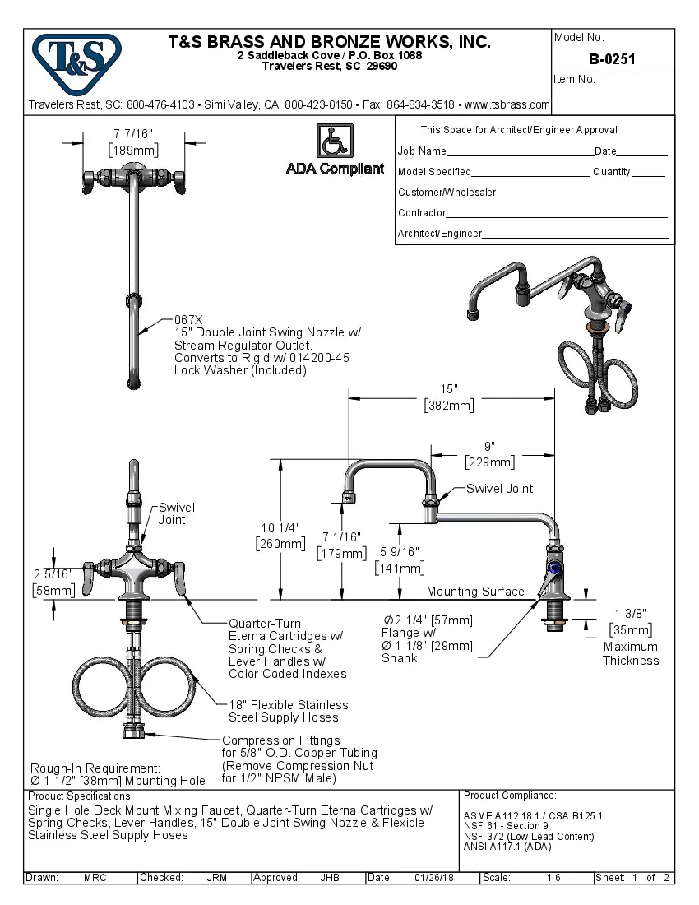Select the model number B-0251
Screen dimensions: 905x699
612,59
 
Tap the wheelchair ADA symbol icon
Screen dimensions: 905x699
335,141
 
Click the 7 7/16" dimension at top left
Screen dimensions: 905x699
133,133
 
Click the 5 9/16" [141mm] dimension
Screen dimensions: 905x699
399,560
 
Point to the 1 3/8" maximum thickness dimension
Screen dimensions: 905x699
631,620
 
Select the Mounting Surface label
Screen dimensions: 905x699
474,592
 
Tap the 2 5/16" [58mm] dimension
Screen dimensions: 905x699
53,582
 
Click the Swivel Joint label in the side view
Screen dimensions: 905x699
499,489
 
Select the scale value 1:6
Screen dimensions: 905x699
553,878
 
